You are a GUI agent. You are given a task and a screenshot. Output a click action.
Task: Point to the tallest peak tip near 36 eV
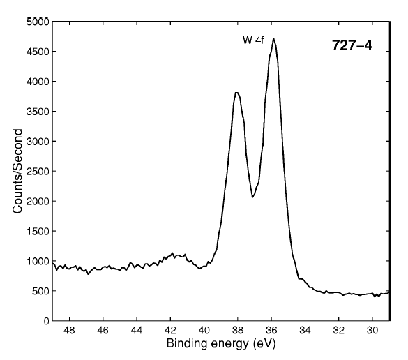(x=273, y=38)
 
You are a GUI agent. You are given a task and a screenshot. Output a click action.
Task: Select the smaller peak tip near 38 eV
(x=237, y=93)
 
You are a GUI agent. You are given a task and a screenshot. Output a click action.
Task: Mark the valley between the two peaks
(x=252, y=197)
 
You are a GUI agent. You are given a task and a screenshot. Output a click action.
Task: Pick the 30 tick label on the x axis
(x=372, y=330)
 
